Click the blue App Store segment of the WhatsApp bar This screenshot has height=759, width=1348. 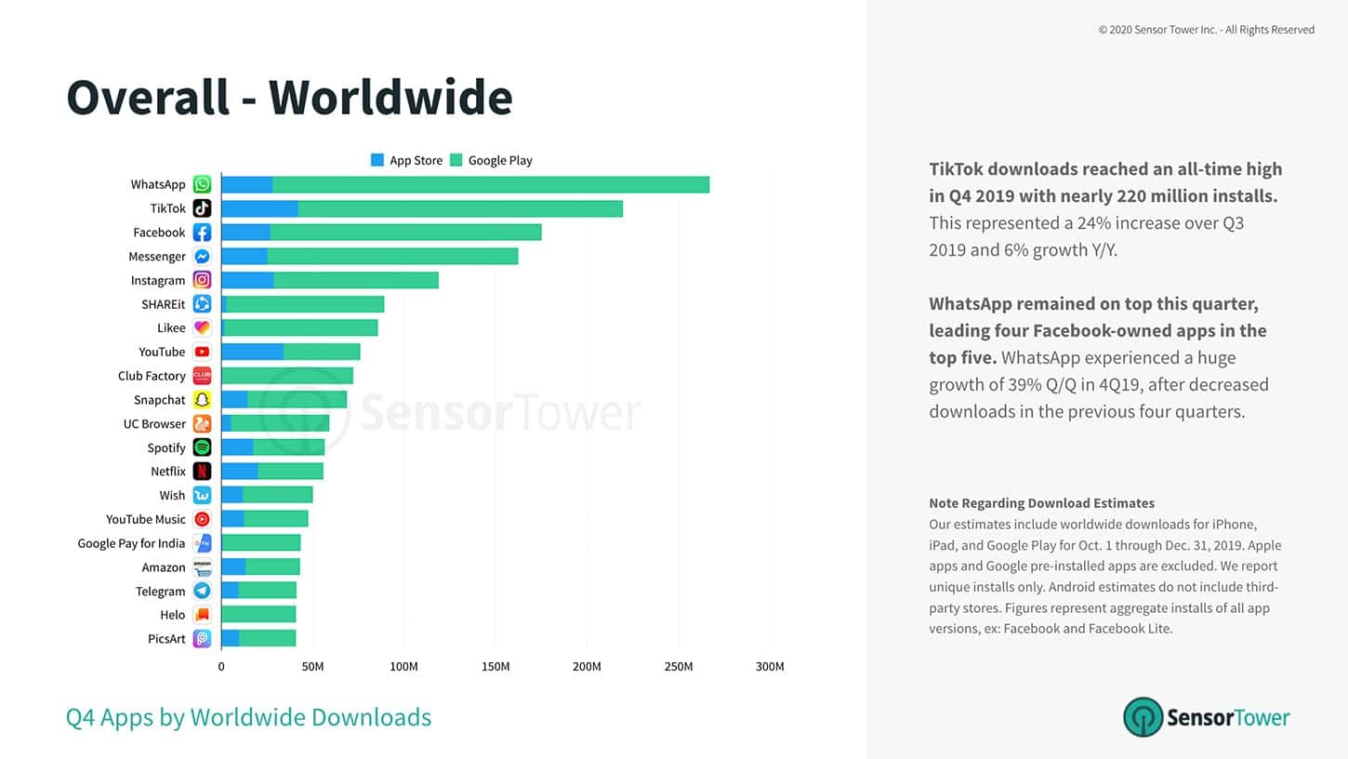246,184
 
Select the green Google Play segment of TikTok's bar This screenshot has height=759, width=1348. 460,208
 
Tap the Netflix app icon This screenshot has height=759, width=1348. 202,471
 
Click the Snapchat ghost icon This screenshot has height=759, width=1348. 202,399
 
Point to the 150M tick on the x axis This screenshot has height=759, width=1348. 496,666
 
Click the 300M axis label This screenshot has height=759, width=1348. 770,666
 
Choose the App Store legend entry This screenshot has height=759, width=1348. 406,160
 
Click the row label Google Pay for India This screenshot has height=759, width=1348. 131,543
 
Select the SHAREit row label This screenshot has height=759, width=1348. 163,304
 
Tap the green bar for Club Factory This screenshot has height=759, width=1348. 287,376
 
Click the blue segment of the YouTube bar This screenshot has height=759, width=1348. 252,352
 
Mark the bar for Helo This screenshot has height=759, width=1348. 258,614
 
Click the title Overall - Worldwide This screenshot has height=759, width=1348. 289,98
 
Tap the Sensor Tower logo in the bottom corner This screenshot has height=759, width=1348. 1206,717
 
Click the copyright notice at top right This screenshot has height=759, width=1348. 1206,30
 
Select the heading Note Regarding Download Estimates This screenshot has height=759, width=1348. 1041,503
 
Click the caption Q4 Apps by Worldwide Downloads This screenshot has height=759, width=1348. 248,717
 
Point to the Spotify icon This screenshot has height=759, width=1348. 202,447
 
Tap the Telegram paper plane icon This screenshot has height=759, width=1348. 202,591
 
